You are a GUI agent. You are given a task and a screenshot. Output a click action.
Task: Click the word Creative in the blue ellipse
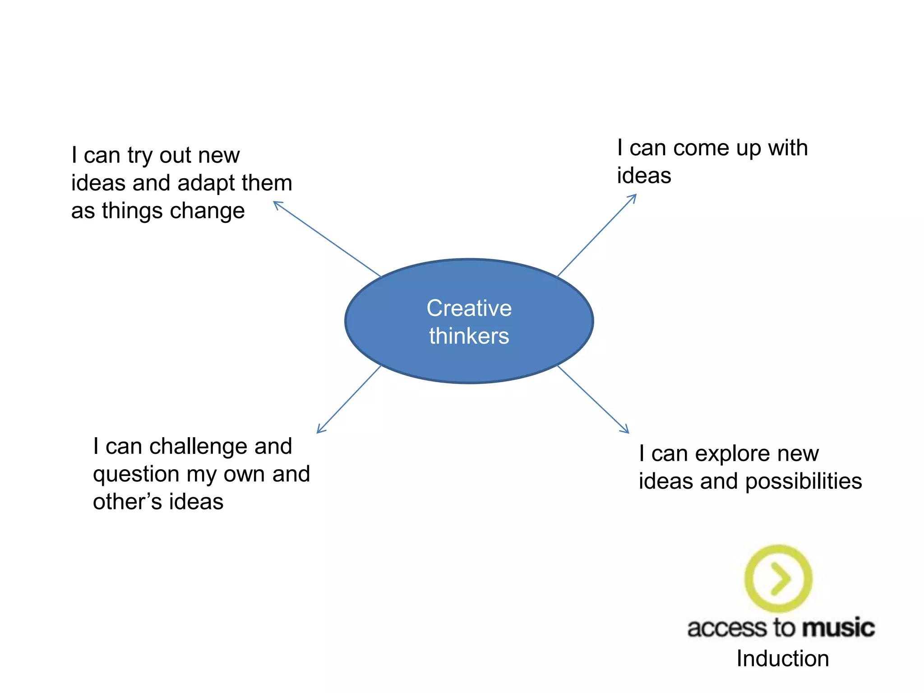[x=469, y=309]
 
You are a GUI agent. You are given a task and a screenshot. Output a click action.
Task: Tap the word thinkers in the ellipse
[x=469, y=336]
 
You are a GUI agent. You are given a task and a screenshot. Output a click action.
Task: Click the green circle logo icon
[x=778, y=578]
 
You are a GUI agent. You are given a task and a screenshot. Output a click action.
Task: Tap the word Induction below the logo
[x=783, y=659]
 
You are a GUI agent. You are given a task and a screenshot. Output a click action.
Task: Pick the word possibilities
[x=804, y=481]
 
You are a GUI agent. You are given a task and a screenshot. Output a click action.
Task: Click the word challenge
[x=198, y=447]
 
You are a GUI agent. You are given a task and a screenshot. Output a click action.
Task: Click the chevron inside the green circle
[x=781, y=578]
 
